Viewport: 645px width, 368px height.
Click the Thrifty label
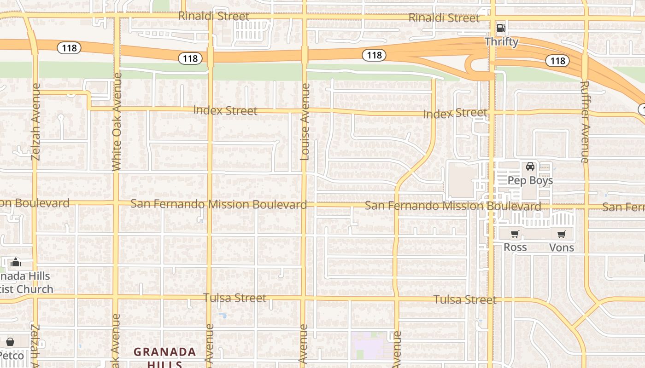pyautogui.click(x=501, y=42)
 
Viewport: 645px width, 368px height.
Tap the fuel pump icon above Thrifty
pyautogui.click(x=501, y=28)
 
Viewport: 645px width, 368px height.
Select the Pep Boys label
pyautogui.click(x=530, y=180)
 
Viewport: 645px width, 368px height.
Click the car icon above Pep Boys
pyautogui.click(x=530, y=167)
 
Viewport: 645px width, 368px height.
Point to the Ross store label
pyautogui.click(x=515, y=247)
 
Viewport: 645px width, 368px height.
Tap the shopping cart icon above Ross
pyautogui.click(x=515, y=234)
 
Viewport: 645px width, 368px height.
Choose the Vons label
pyautogui.click(x=562, y=248)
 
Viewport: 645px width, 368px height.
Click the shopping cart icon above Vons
pyautogui.click(x=561, y=235)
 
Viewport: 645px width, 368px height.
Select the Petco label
pyautogui.click(x=12, y=356)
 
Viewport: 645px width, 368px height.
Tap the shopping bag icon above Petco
pyautogui.click(x=10, y=342)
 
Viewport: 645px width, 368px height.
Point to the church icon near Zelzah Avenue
pyautogui.click(x=15, y=262)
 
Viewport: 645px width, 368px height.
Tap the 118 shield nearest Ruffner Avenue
pyautogui.click(x=557, y=61)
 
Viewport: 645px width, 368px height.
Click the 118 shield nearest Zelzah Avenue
pyautogui.click(x=69, y=48)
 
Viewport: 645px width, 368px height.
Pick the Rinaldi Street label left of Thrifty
pyautogui.click(x=444, y=18)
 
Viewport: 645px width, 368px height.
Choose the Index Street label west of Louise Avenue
pyautogui.click(x=225, y=110)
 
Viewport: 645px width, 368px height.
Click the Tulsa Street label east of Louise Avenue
pyautogui.click(x=465, y=300)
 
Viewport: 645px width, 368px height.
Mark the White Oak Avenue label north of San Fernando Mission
pyautogui.click(x=117, y=122)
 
